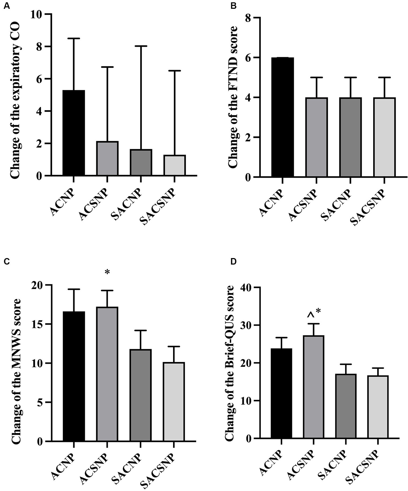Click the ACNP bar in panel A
[x=74, y=133]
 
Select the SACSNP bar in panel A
[x=174, y=165]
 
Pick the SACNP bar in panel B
[x=350, y=137]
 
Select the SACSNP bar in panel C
[x=174, y=402]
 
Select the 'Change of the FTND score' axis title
[x=233, y=97]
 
